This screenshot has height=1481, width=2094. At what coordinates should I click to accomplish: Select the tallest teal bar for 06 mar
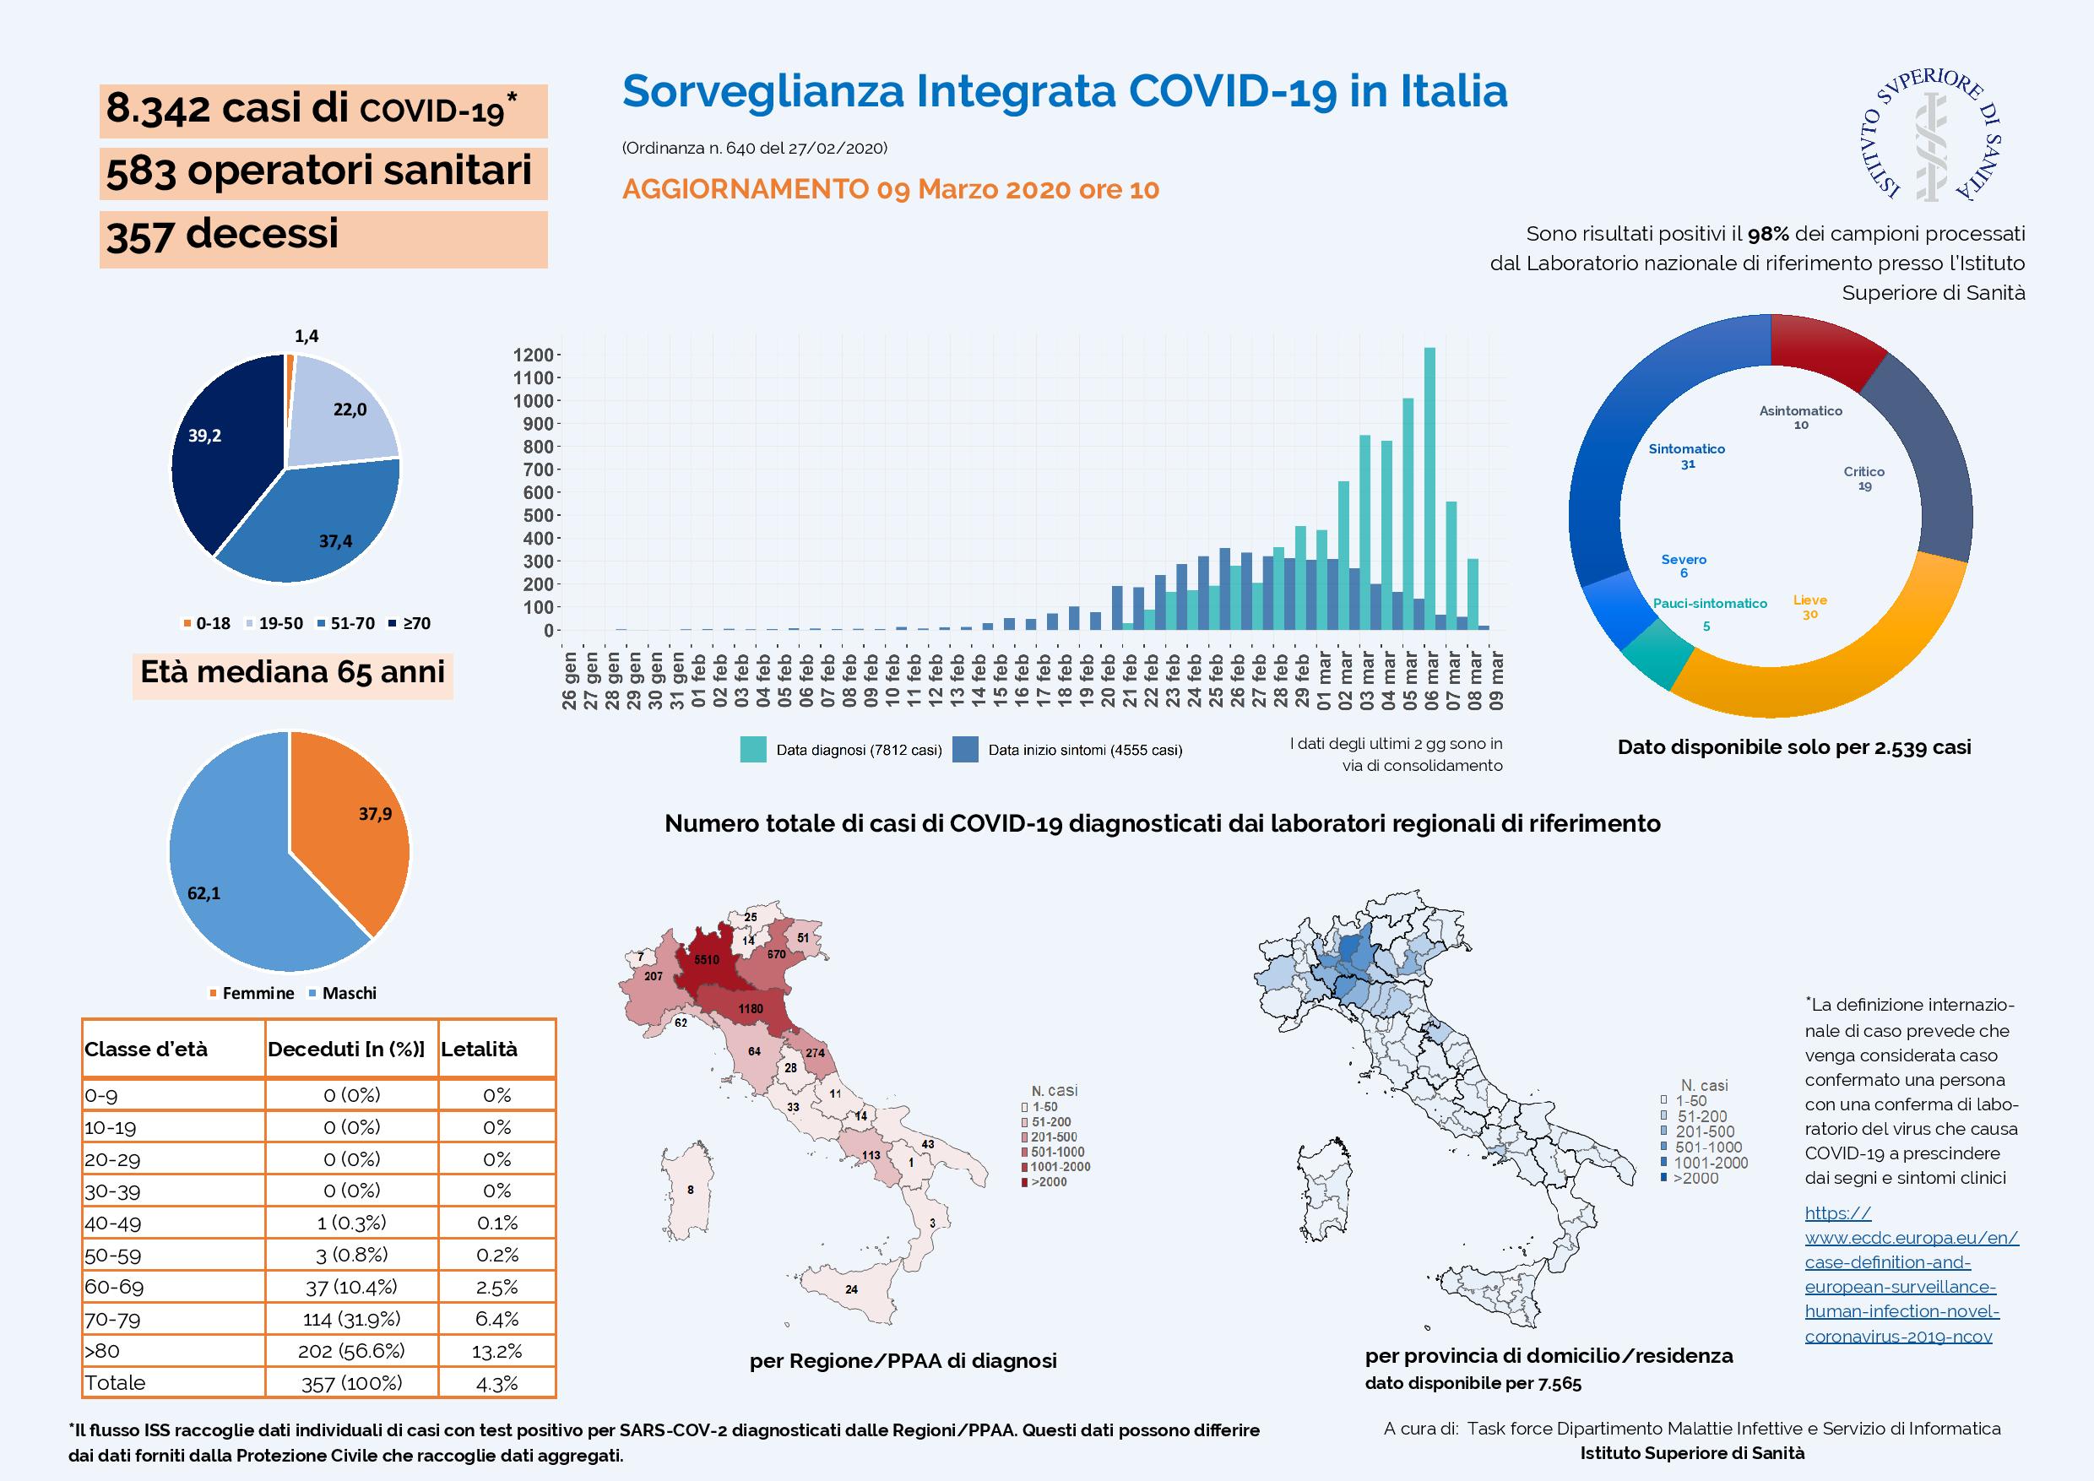coord(1429,489)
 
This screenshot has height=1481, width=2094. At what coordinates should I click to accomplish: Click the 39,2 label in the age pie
coord(204,436)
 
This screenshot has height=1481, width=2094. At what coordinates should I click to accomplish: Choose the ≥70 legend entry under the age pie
coord(410,624)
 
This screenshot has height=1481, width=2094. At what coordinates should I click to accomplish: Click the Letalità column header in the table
coord(479,1049)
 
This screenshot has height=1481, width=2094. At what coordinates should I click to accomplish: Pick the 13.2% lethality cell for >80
coord(496,1351)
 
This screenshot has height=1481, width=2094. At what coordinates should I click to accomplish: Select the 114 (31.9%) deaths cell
coord(351,1319)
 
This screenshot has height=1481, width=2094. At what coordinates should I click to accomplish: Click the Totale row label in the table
coord(115,1382)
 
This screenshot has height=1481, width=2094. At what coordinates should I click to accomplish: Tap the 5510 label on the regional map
coord(707,959)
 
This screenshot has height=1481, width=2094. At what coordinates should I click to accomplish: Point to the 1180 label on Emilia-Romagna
coord(751,1009)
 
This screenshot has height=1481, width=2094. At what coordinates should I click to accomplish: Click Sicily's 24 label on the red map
coord(851,1289)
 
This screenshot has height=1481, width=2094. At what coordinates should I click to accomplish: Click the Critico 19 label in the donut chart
coord(1863,479)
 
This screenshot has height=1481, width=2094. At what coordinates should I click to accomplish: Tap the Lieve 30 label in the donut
coord(1809,606)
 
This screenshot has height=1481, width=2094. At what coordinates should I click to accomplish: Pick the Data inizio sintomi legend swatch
coord(966,750)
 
